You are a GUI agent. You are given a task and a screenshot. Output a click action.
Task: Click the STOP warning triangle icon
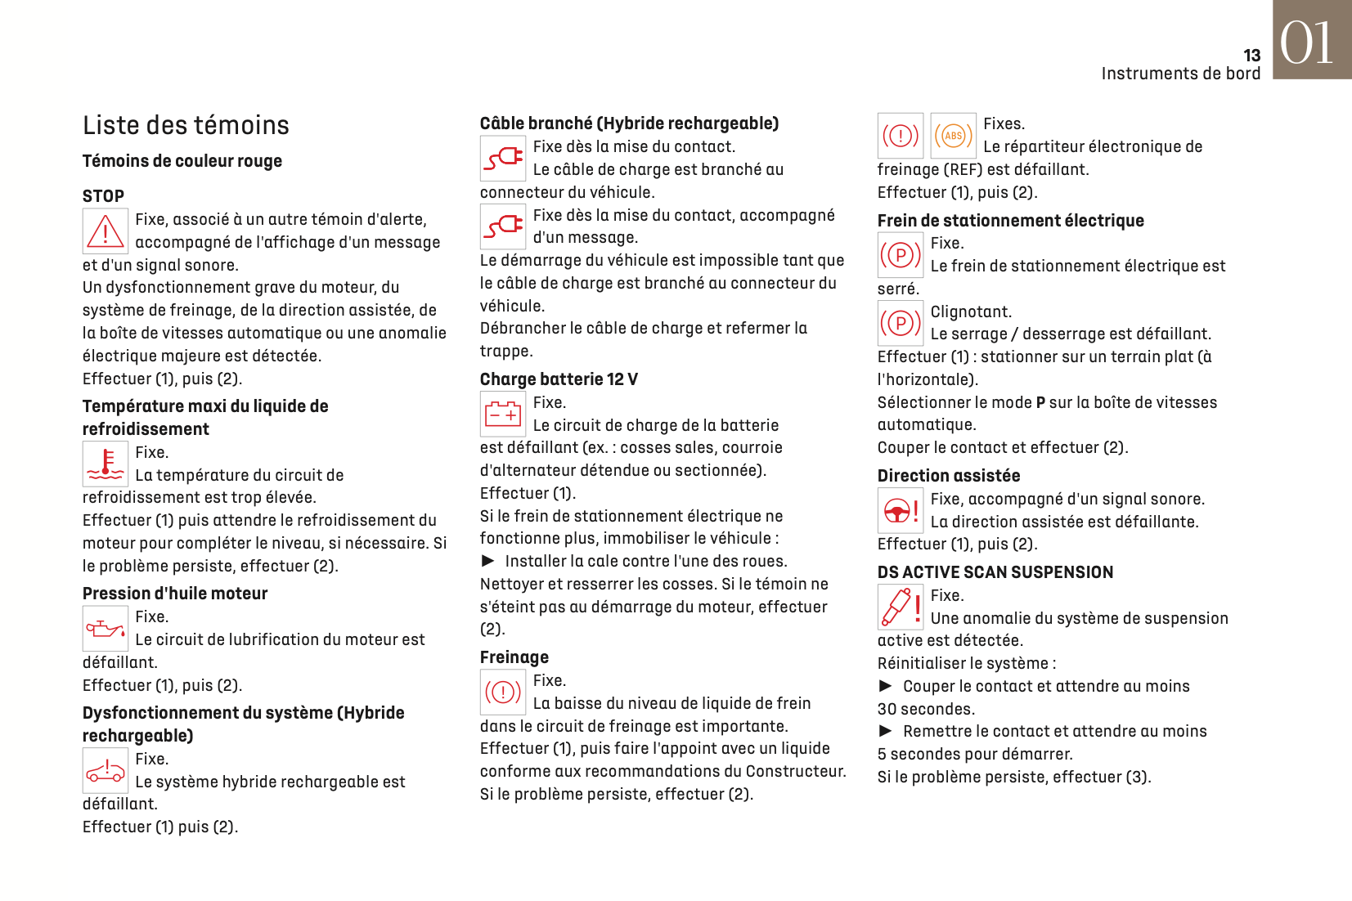point(106,231)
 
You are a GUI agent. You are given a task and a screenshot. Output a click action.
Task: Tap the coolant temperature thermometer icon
point(106,464)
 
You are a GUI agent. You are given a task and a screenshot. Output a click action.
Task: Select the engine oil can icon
point(106,629)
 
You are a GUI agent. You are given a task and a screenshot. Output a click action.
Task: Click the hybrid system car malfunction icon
point(106,770)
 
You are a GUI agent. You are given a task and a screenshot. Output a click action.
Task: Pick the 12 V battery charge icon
point(503,414)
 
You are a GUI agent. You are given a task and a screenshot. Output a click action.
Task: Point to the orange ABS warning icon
point(954,136)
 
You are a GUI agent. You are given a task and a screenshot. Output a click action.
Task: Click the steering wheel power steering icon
point(901,511)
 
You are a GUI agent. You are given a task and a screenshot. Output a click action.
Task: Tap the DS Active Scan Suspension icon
point(901,607)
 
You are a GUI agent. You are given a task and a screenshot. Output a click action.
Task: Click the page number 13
point(1251,56)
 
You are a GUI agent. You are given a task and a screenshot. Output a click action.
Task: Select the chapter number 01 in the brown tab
point(1307,43)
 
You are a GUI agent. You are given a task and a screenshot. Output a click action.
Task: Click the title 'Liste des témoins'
point(186,125)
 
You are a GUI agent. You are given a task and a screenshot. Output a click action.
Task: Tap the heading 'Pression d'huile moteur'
point(175,594)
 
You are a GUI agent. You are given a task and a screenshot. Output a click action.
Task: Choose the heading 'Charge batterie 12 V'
point(559,379)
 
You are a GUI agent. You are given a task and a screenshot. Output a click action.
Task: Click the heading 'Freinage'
point(514,657)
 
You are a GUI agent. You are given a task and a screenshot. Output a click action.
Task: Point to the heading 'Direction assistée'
point(949,476)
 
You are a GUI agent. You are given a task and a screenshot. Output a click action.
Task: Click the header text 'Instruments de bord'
point(1180,74)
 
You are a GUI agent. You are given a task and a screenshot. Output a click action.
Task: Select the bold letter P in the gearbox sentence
point(1040,403)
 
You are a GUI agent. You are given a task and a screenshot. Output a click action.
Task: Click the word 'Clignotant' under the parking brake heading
point(971,312)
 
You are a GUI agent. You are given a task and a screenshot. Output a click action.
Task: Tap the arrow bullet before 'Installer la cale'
point(488,561)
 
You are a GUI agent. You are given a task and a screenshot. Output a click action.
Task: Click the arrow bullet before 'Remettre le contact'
point(886,731)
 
